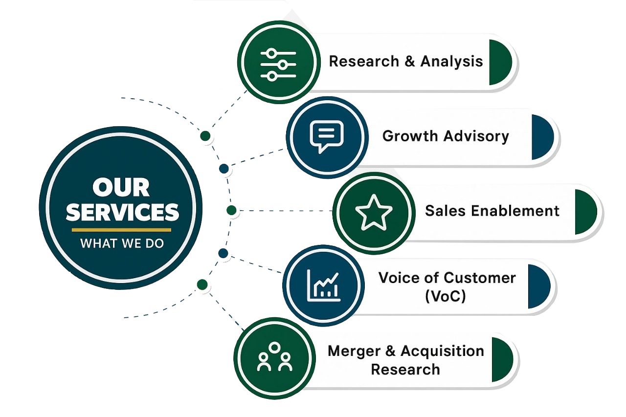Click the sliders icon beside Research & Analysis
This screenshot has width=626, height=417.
pos(278,64)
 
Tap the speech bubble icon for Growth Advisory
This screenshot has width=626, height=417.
pos(327,135)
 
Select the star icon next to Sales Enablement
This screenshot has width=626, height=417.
pos(374,212)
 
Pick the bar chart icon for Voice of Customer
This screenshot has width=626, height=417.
pos(323,285)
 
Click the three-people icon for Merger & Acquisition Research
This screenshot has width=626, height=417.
pos(274,357)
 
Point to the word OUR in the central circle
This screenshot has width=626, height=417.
pos(121,188)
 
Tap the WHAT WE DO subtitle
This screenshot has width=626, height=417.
pos(122,243)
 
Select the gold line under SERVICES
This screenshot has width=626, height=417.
pos(121,230)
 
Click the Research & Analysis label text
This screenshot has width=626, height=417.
pos(405,62)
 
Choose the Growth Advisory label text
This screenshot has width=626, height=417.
pos(446,136)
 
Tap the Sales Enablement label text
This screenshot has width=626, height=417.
pos(492,211)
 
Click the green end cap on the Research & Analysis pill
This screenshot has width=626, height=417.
pos(499,63)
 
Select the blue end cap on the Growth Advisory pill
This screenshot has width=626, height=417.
pos(542,137)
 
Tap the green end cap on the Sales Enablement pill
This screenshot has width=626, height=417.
pos(585,212)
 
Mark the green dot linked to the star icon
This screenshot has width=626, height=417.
pos(232,211)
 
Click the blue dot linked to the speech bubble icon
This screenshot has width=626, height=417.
pos(224,169)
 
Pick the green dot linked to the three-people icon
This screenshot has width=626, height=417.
pos(201,285)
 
